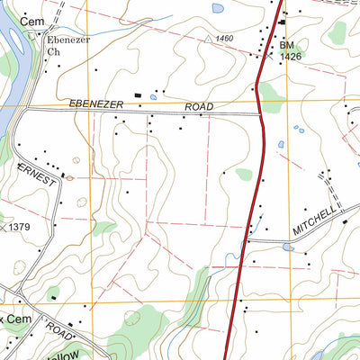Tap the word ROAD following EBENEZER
199,106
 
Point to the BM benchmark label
286,44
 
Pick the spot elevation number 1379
21,228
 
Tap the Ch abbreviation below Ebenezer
53,51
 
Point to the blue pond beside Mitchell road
287,247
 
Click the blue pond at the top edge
218,8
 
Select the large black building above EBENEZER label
138,94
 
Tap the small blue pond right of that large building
154,95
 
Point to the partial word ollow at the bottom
76,352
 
